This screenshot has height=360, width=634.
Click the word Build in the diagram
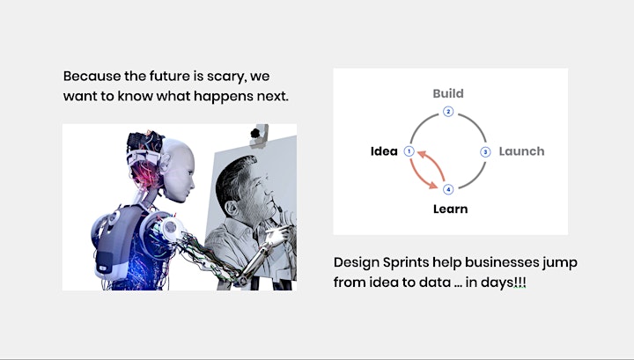point(448,93)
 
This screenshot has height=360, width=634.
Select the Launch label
point(521,151)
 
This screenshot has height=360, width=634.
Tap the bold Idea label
point(384,151)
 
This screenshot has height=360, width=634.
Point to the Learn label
point(451,209)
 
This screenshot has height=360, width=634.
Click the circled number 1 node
point(409,151)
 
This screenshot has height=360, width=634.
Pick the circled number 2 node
point(448,112)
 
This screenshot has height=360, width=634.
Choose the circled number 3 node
point(485,152)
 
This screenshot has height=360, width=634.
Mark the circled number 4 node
point(448,189)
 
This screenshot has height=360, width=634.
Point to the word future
point(169,76)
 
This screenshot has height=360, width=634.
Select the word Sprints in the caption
point(406,262)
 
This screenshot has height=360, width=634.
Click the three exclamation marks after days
point(520,282)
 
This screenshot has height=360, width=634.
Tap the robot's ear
point(164,162)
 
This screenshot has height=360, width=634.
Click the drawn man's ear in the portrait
point(231,208)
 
